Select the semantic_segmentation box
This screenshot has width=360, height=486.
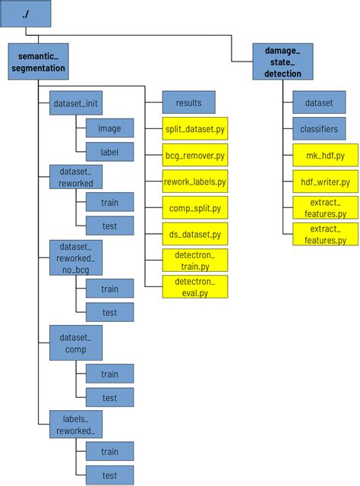[38, 62]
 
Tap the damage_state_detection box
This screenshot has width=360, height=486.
[283, 62]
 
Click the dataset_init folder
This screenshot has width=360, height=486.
[75, 103]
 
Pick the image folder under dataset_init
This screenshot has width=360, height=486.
[109, 128]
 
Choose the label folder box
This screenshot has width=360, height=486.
[109, 152]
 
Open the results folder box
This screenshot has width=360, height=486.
[188, 103]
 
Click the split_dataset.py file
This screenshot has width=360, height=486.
[195, 129]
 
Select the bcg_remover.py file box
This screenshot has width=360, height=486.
[195, 155]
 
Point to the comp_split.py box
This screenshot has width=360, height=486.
[195, 207]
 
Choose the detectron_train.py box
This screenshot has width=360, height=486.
[195, 260]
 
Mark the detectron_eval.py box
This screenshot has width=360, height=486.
[195, 286]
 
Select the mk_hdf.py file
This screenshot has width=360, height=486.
[325, 156]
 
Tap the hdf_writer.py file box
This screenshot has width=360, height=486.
[325, 182]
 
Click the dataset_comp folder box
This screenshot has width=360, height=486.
[75, 342]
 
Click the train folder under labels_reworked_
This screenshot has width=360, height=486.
[109, 452]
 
